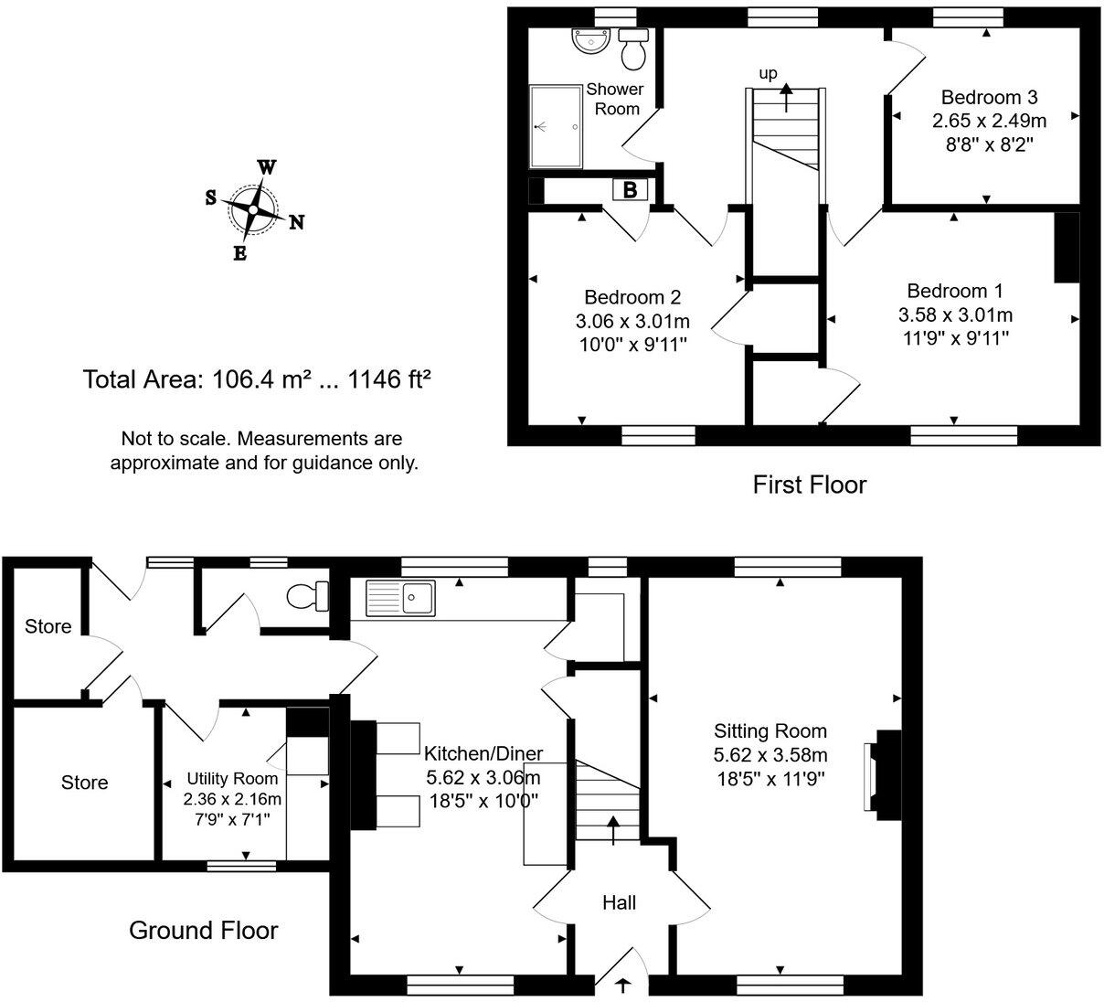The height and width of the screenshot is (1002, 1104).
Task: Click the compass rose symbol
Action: click(x=253, y=209)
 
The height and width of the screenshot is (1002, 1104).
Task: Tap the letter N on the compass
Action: click(x=296, y=222)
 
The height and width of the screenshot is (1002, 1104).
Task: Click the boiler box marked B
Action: click(x=630, y=190)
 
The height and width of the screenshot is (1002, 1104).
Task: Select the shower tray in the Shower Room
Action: click(x=557, y=126)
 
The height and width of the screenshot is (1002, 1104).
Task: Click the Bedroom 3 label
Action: click(x=990, y=97)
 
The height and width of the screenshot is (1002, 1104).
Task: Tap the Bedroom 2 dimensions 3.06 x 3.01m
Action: click(x=632, y=321)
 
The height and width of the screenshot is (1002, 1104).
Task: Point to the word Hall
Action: click(x=619, y=903)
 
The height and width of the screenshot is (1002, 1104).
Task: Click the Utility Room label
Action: click(x=232, y=779)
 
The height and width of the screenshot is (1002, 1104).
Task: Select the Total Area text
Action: click(x=257, y=379)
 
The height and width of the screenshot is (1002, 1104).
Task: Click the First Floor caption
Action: click(x=809, y=485)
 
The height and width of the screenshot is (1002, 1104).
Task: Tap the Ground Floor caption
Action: click(x=203, y=931)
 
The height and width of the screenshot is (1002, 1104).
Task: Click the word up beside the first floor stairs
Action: click(x=769, y=72)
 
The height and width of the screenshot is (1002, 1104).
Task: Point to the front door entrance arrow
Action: click(x=624, y=986)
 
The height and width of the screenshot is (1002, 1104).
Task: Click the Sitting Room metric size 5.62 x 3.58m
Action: click(x=770, y=755)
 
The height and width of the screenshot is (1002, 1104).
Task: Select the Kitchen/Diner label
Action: click(x=483, y=754)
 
